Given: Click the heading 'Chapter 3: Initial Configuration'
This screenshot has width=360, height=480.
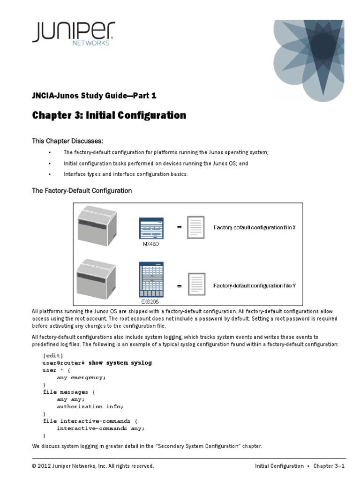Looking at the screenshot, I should point(109,115).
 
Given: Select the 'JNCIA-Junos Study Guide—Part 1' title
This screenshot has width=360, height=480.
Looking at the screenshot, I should point(94,96).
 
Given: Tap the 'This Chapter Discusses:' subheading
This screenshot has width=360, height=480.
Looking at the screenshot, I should point(67,141).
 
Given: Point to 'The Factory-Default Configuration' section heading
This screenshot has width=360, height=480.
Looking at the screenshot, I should point(82,191).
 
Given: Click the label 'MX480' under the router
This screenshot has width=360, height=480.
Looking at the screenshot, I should point(150,244).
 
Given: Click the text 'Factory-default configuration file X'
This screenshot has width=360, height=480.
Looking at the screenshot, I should point(255,228).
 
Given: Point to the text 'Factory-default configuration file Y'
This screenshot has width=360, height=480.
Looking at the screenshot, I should point(255,285).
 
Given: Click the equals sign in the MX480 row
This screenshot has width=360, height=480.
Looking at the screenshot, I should point(179,227).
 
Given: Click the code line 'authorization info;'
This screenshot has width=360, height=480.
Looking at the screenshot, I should point(90,406).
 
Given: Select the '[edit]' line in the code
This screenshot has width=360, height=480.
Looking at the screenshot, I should point(53,355).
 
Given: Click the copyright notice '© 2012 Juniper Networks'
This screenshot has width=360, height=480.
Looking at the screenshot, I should point(93,466).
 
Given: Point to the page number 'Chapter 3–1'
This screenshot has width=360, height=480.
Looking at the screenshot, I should point(329,466).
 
